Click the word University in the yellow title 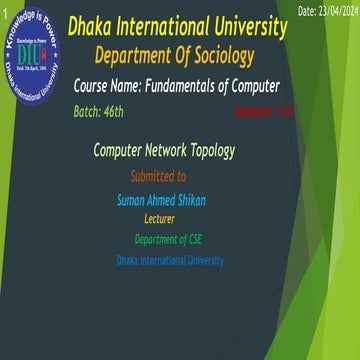(x=250, y=26)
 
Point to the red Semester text (x=262, y=112)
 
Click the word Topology (x=211, y=151)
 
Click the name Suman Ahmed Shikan (x=161, y=200)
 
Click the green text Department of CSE (x=168, y=239)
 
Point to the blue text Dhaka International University (x=169, y=261)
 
